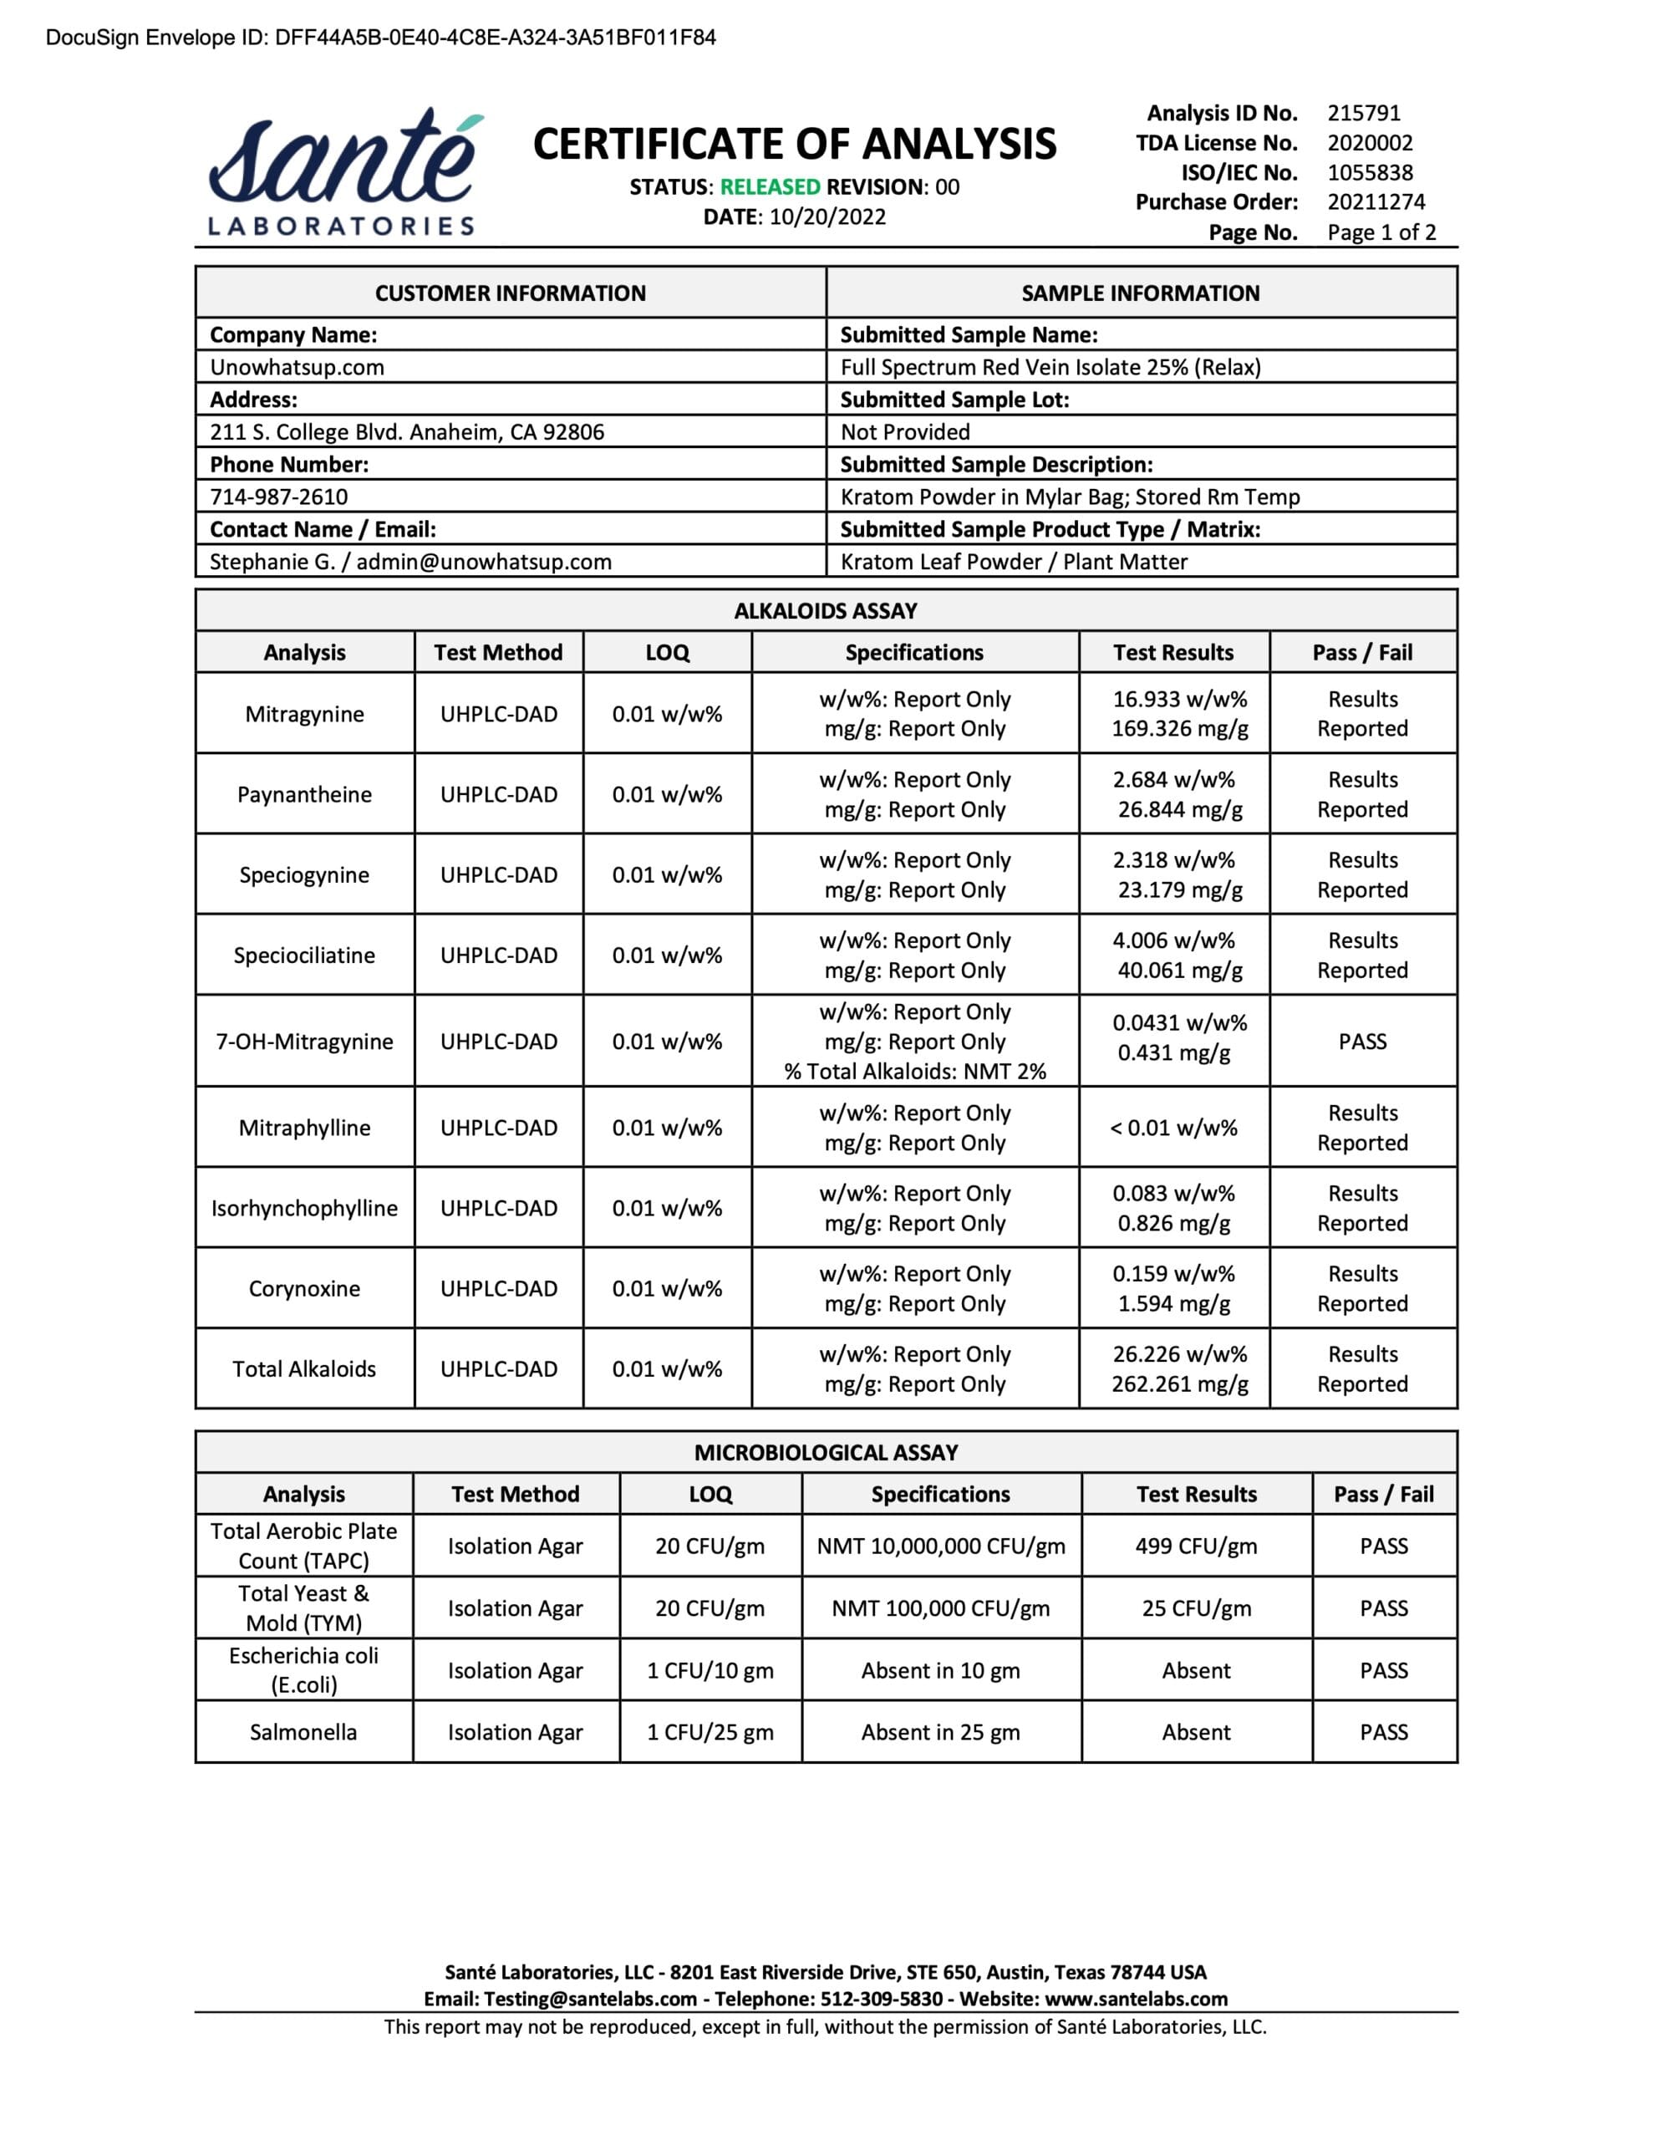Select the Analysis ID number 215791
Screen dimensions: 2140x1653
(1363, 113)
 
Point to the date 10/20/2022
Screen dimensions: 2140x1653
(827, 217)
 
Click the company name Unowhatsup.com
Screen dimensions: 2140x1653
(297, 368)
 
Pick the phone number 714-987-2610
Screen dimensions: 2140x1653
(278, 497)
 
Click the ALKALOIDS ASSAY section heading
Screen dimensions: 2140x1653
(825, 610)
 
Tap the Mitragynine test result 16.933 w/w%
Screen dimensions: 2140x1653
(1179, 700)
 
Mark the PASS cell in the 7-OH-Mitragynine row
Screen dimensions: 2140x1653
(1362, 1042)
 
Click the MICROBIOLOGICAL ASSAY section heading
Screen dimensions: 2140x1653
(825, 1452)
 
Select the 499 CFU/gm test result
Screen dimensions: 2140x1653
(1195, 1546)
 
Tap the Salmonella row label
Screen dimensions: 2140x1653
(303, 1732)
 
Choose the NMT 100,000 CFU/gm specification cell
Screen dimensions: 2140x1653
(939, 1608)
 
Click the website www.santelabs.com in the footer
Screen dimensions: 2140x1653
(1136, 1999)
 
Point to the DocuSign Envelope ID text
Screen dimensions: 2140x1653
(380, 38)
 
